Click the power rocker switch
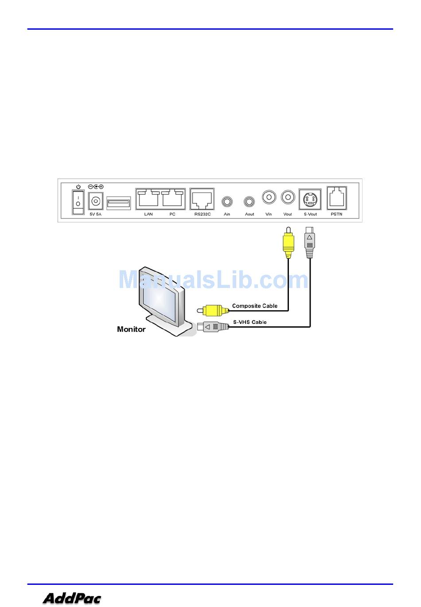click(78, 202)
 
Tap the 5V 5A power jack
click(95, 202)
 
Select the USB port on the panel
click(119, 203)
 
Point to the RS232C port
click(202, 199)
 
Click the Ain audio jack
click(227, 202)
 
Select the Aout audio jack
click(249, 202)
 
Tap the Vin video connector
click(269, 197)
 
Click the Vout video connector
click(288, 197)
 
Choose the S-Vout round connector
click(310, 199)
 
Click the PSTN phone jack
click(336, 198)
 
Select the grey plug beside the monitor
click(215, 327)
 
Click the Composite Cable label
click(255, 306)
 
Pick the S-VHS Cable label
click(250, 322)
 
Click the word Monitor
click(131, 329)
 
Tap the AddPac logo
click(72, 599)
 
